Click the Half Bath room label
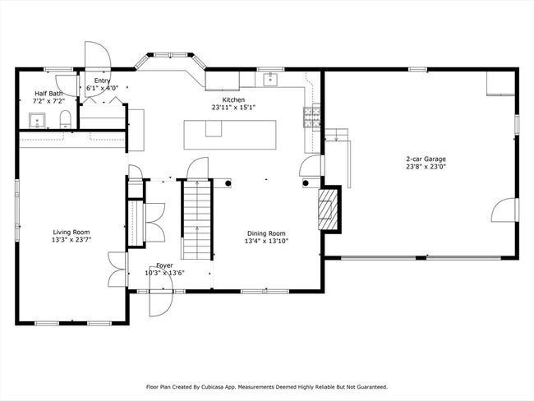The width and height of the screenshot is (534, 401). [x=48, y=94]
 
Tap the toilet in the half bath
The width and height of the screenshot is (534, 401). [x=65, y=119]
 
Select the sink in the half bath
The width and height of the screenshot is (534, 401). [x=37, y=121]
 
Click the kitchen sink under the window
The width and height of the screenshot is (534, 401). [x=271, y=79]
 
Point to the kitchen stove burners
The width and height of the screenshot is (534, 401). [x=311, y=118]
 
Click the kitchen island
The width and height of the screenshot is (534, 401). [x=230, y=135]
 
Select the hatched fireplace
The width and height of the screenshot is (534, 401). [x=328, y=209]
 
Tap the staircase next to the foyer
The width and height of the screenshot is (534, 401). [x=197, y=219]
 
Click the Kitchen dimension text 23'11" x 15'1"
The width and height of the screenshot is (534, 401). [x=233, y=108]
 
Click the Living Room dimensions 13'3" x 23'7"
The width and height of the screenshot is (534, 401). [x=71, y=240]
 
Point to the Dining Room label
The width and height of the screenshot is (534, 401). [x=266, y=233]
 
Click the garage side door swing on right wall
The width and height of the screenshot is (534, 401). [x=504, y=210]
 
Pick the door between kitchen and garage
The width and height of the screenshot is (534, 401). [x=310, y=165]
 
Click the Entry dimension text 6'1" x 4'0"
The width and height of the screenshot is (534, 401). [x=102, y=88]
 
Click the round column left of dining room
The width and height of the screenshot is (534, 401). [x=228, y=183]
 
